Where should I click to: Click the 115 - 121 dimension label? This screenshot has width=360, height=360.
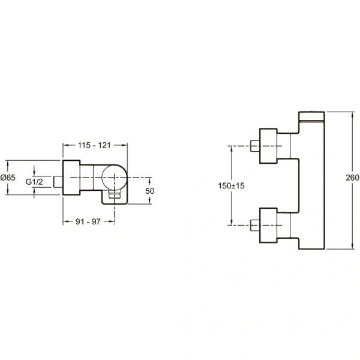[94, 145]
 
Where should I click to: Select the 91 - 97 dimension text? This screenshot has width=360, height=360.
[88, 221]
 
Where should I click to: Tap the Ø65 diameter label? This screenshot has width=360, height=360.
[8, 178]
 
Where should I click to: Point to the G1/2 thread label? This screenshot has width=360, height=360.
[34, 182]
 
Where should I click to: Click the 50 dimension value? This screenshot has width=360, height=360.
[149, 191]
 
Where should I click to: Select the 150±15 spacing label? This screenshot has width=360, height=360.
[231, 185]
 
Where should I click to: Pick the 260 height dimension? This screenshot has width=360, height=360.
[352, 178]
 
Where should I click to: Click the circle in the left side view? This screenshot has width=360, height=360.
[102, 178]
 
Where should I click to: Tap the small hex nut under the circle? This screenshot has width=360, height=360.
[115, 196]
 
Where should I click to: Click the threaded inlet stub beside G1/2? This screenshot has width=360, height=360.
[58, 182]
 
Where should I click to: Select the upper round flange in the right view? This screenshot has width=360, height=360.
[268, 146]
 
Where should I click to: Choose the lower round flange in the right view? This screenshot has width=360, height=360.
[268, 225]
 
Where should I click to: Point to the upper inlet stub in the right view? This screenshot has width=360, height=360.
[255, 146]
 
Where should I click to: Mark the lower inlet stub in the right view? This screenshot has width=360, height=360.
[255, 225]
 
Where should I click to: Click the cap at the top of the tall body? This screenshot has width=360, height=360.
[311, 116]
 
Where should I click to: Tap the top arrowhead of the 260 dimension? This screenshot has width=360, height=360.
[353, 115]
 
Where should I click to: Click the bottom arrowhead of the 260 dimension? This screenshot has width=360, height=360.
[353, 247]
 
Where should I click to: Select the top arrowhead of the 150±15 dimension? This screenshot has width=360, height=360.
[232, 149]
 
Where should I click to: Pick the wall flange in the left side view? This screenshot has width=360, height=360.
[71, 178]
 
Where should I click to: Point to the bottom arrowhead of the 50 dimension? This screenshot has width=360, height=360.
[149, 201]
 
